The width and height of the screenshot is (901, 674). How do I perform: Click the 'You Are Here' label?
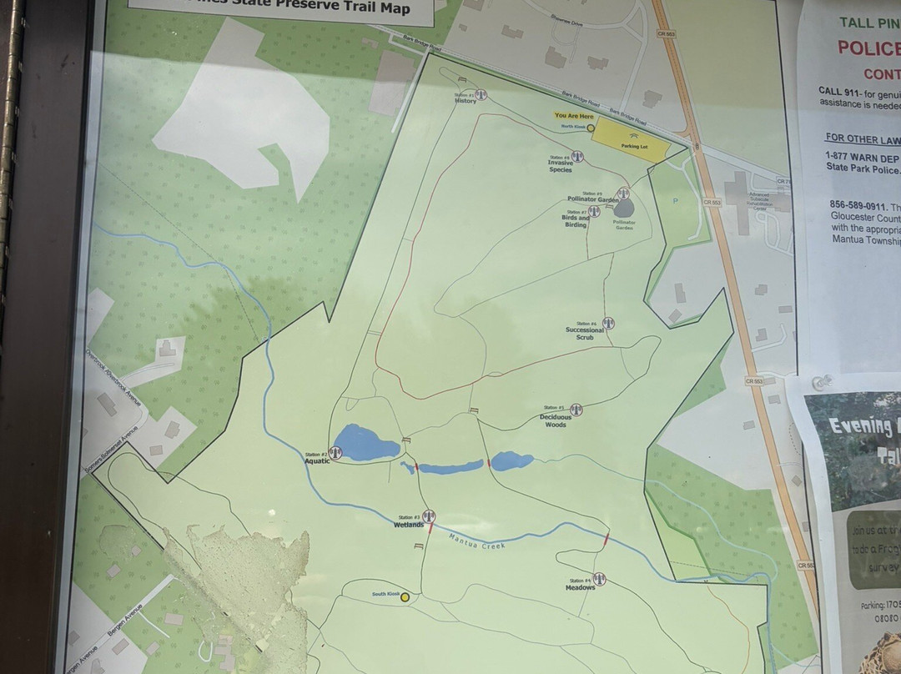575,115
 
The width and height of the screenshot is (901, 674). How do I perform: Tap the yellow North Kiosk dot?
591,128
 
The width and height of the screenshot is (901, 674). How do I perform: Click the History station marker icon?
480,95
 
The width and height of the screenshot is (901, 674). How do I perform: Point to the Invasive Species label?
560,165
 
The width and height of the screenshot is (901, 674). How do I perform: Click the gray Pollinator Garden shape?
624,209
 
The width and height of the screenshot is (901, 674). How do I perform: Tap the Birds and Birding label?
576,221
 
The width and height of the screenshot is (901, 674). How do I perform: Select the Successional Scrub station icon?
608,323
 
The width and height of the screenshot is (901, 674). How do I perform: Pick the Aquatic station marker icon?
335,452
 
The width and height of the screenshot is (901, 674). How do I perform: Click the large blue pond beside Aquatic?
365,443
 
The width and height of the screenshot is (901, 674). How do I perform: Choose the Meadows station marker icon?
599,579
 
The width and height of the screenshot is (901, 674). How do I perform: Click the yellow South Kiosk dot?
405,597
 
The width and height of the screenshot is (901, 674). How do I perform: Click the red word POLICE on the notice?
868,48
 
